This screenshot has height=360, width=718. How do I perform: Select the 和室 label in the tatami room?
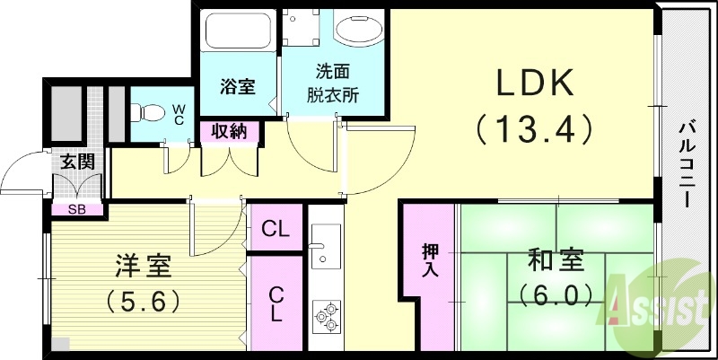click(x=556, y=262)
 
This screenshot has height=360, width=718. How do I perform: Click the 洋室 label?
click(x=142, y=266)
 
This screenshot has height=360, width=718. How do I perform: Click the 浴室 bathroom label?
click(x=238, y=87)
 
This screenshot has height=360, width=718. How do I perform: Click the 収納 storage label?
click(x=230, y=132)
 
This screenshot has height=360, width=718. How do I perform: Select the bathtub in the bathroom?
click(x=238, y=33)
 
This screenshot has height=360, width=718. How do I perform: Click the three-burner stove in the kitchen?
click(x=326, y=315)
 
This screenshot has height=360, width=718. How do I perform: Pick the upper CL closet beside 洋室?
click(x=276, y=229)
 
